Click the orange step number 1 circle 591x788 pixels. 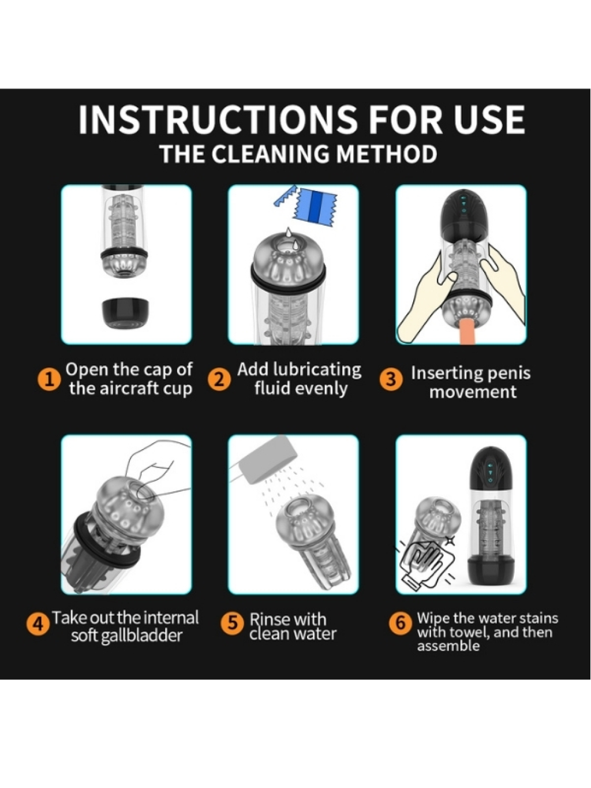[x=47, y=379]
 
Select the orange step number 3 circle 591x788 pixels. [x=390, y=379]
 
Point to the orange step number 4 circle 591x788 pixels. [x=38, y=625]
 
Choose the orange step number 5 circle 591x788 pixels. [x=233, y=623]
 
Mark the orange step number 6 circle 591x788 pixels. [x=401, y=623]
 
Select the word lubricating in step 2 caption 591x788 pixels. [x=316, y=370]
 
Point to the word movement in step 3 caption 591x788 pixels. [x=473, y=391]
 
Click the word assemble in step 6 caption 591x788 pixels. [x=448, y=646]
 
